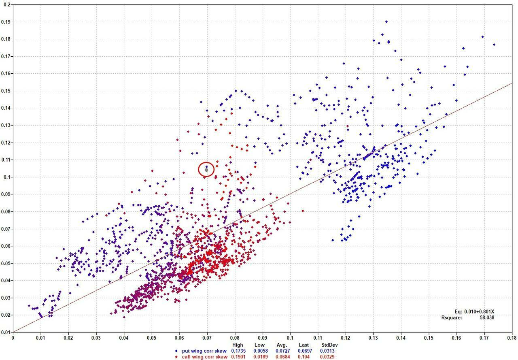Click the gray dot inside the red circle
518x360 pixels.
206,170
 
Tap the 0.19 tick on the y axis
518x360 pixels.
6,22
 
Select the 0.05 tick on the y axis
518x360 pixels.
6,263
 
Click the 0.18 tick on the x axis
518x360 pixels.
513,337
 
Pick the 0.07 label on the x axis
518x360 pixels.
207,337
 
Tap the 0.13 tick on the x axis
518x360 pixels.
374,337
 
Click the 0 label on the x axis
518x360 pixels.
13,337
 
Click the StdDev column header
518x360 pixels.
329,345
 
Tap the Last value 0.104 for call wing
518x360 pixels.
303,356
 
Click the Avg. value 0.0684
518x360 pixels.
282,356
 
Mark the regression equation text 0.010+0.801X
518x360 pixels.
478,311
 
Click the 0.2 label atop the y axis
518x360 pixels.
7,4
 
